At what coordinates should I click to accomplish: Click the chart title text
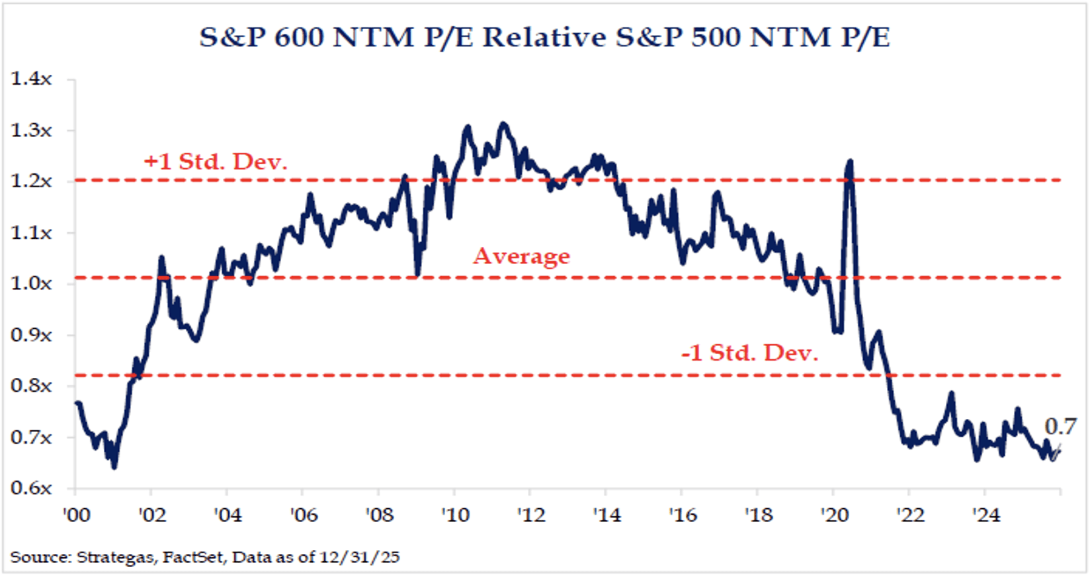pyautogui.click(x=544, y=38)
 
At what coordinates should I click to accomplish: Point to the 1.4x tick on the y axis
pyautogui.click(x=31, y=79)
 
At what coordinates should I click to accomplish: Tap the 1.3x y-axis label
pyautogui.click(x=31, y=130)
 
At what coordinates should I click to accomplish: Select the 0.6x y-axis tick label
pyautogui.click(x=31, y=488)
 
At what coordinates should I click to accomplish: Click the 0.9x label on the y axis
pyautogui.click(x=31, y=335)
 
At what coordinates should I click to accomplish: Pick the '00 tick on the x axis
pyautogui.click(x=76, y=514)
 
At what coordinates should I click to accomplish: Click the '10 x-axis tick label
pyautogui.click(x=455, y=514)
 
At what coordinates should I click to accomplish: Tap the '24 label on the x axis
pyautogui.click(x=985, y=514)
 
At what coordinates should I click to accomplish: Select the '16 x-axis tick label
pyautogui.click(x=683, y=514)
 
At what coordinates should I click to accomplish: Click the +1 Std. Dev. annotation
pyautogui.click(x=216, y=161)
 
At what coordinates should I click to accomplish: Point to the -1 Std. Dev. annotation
pyautogui.click(x=749, y=353)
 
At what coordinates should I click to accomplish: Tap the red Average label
pyautogui.click(x=521, y=256)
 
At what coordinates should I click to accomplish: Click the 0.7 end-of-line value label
pyautogui.click(x=1060, y=426)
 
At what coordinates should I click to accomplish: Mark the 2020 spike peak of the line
pyautogui.click(x=850, y=161)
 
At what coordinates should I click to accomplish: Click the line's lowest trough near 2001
pyautogui.click(x=114, y=467)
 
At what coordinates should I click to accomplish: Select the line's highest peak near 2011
pyautogui.click(x=504, y=124)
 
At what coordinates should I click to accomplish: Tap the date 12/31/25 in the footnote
pyautogui.click(x=360, y=557)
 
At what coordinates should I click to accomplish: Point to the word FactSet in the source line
pyautogui.click(x=193, y=557)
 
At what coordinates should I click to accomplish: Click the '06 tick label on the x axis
pyautogui.click(x=304, y=514)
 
